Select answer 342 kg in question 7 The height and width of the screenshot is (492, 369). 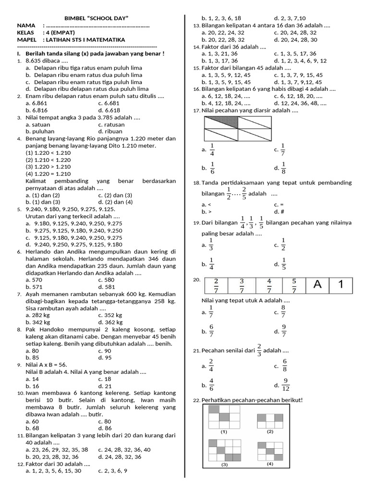tap(38, 322)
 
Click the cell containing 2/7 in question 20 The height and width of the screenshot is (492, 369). tap(216, 285)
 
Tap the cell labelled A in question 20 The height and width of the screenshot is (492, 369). tap(317, 285)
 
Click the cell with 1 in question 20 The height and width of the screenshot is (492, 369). tap(341, 285)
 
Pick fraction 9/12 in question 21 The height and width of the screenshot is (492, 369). tap(285, 385)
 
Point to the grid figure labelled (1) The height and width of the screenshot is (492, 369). tap(224, 417)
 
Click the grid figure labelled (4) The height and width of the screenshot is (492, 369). tap(270, 450)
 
